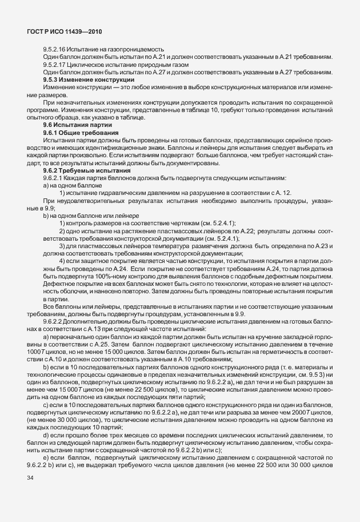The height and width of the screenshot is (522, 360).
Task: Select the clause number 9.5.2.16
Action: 55,49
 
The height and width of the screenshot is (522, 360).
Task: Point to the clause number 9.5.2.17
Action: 55,65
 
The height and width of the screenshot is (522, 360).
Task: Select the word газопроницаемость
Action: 137,49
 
